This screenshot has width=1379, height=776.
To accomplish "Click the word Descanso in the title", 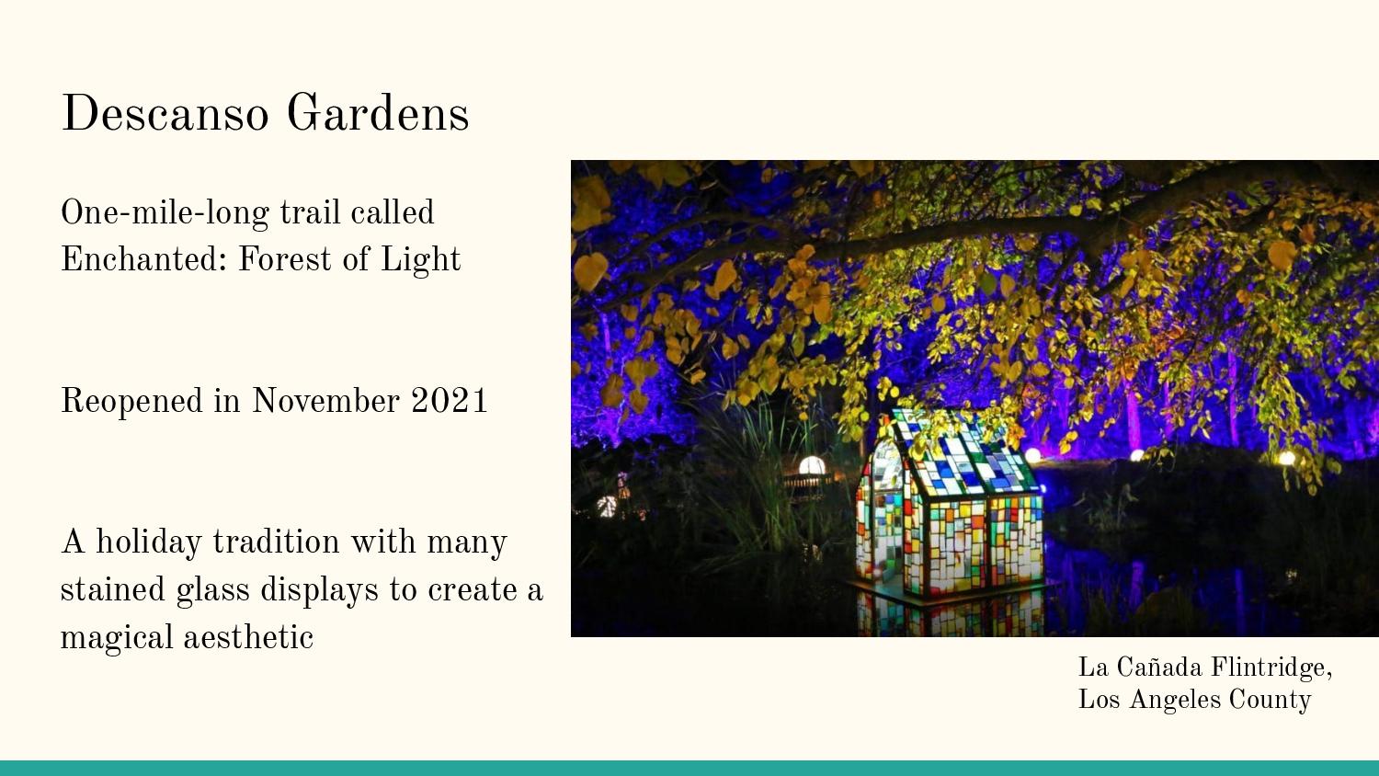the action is (x=165, y=113).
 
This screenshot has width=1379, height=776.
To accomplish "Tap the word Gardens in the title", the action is (x=378, y=113).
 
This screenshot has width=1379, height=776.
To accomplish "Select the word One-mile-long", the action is (x=165, y=213).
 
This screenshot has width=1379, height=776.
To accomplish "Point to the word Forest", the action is (x=285, y=258).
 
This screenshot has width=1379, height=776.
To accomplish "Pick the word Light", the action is (x=420, y=260).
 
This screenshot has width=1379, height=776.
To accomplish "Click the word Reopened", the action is (x=131, y=402).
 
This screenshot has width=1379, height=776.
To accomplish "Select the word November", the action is (x=325, y=400).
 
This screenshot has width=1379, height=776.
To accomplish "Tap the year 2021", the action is (x=450, y=400).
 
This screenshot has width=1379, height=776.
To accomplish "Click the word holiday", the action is (x=149, y=542).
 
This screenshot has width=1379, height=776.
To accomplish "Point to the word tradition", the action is (x=277, y=542).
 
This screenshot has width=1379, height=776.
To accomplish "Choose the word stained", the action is (x=113, y=588).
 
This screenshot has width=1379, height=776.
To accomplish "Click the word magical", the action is (x=117, y=637).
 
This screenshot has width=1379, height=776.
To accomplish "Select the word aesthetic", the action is (x=249, y=636).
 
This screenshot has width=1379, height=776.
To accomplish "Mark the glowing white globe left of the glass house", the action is (x=812, y=465).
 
